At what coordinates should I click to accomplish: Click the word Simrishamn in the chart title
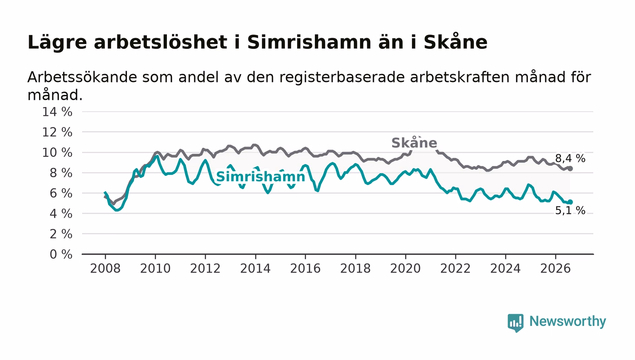click(x=309, y=42)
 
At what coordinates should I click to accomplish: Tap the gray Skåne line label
click(x=414, y=142)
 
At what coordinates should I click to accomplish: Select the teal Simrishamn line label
click(x=260, y=176)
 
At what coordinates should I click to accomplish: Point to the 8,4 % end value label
click(x=570, y=158)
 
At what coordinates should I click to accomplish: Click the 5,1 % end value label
click(x=570, y=210)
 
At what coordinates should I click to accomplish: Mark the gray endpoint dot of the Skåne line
click(x=571, y=169)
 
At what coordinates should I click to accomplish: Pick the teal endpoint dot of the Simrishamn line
click(x=571, y=202)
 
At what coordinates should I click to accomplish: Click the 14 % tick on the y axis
click(x=57, y=112)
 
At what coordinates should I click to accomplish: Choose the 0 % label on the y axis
click(x=61, y=254)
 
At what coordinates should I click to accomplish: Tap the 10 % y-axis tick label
click(x=57, y=152)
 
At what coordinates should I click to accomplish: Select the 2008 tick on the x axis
click(x=105, y=268)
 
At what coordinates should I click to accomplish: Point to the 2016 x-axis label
click(x=305, y=268)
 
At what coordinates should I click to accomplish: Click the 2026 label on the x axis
click(x=555, y=268)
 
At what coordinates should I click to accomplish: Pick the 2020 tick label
click(x=405, y=268)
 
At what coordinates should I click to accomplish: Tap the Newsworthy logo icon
click(x=515, y=323)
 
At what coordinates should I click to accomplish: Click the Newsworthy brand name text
click(x=567, y=321)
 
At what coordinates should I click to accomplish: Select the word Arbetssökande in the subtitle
click(x=82, y=77)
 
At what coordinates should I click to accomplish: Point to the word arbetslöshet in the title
click(x=161, y=42)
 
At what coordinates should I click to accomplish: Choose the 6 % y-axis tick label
click(x=61, y=193)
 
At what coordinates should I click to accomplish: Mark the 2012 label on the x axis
click(x=205, y=268)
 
